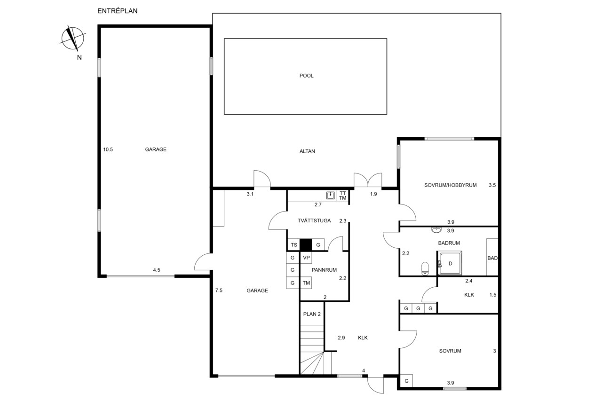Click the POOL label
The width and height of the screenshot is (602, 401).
pyautogui.click(x=306, y=76)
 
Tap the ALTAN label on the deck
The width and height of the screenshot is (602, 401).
pyautogui.click(x=307, y=151)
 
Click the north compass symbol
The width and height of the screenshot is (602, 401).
pyautogui.click(x=72, y=39)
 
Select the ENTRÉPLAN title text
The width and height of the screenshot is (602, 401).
pyautogui.click(x=118, y=11)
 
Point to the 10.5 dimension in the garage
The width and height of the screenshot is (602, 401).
pyautogui.click(x=108, y=149)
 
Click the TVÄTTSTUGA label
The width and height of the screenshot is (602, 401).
pyautogui.click(x=314, y=221)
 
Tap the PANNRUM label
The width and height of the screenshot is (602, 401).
pyautogui.click(x=324, y=270)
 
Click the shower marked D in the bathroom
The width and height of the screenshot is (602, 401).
pyautogui.click(x=450, y=263)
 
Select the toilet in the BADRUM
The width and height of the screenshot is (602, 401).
pyautogui.click(x=425, y=268)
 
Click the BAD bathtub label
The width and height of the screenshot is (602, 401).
pyautogui.click(x=492, y=258)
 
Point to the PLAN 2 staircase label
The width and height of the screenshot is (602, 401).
pyautogui.click(x=312, y=314)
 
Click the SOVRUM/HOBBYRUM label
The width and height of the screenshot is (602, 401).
pyautogui.click(x=451, y=185)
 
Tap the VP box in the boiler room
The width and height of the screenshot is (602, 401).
pyautogui.click(x=306, y=258)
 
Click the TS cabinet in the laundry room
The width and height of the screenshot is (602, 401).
pyautogui.click(x=294, y=245)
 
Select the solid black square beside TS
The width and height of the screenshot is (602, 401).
pyautogui.click(x=306, y=245)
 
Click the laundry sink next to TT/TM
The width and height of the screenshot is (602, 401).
pyautogui.click(x=330, y=195)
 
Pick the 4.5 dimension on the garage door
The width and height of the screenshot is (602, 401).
pyautogui.click(x=157, y=270)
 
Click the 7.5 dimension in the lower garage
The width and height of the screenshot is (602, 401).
pyautogui.click(x=219, y=291)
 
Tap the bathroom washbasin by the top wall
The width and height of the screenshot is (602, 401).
pyautogui.click(x=436, y=230)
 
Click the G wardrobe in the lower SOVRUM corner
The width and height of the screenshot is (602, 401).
pyautogui.click(x=406, y=381)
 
